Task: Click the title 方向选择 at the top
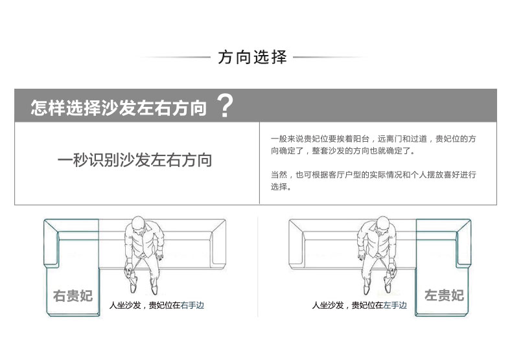[252, 57]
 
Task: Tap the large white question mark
[225, 106]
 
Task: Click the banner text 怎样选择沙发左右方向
[119, 107]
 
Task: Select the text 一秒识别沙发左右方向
[135, 160]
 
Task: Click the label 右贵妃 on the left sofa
[73, 295]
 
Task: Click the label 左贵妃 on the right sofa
[445, 295]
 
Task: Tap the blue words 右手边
[192, 305]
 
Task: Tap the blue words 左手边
[395, 305]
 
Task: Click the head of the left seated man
[139, 225]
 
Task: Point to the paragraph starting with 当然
[373, 181]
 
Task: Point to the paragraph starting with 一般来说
[373, 145]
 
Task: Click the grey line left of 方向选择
[175, 58]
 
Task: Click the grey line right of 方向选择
[330, 58]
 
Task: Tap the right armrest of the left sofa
[218, 244]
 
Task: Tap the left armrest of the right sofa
[296, 244]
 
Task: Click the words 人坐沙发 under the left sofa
[125, 305]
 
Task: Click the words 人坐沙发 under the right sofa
[328, 305]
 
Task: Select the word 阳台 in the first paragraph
[361, 139]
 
